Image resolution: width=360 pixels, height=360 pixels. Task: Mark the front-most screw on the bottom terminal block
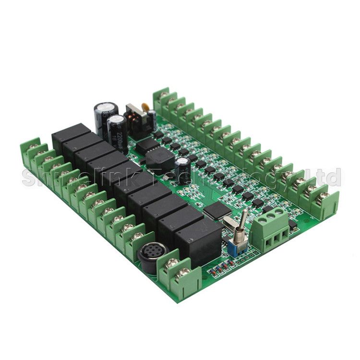(x=183, y=274)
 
